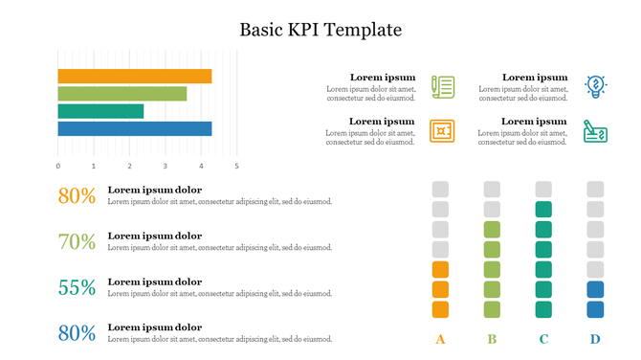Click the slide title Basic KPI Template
tap(320, 30)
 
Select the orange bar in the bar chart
tap(134, 76)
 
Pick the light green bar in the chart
tap(122, 94)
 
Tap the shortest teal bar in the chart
tap(100, 111)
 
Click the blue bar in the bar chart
tap(134, 128)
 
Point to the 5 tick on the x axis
tap(236, 166)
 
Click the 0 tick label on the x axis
tap(58, 166)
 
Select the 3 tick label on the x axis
tap(165, 166)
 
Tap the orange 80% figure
tap(77, 196)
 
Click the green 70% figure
tap(77, 242)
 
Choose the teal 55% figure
tap(77, 288)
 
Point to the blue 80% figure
tap(77, 333)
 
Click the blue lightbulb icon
tap(595, 86)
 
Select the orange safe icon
tap(442, 130)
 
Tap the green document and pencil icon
tap(442, 86)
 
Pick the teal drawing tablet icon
tap(595, 130)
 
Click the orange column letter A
tap(440, 338)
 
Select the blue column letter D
tap(595, 338)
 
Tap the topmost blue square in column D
tap(595, 289)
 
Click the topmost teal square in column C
tap(543, 209)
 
